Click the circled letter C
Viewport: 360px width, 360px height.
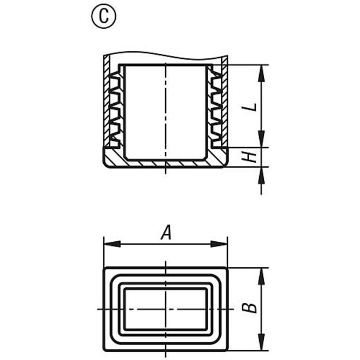tap(104, 16)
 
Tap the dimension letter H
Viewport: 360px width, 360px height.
tap(250, 157)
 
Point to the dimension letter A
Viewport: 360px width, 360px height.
tap(166, 232)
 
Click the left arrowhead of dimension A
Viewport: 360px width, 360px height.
tap(112, 244)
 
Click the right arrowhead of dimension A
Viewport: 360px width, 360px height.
tap(219, 244)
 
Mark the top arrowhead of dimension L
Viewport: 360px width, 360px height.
tap(261, 73)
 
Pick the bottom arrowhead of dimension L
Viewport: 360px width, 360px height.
tap(261, 139)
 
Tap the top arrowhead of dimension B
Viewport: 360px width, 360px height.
tap(261, 277)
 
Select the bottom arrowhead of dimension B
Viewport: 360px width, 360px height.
tap(261, 342)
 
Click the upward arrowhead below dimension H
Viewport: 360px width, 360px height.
tap(261, 175)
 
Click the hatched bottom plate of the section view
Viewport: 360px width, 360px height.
tap(166, 163)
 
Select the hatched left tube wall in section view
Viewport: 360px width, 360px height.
tap(107, 101)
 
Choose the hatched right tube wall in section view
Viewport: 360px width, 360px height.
tap(225, 101)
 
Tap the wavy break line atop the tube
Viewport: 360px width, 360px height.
tap(166, 55)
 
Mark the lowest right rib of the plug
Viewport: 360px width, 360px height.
tap(216, 137)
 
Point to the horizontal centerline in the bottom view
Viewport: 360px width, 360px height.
tap(166, 310)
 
